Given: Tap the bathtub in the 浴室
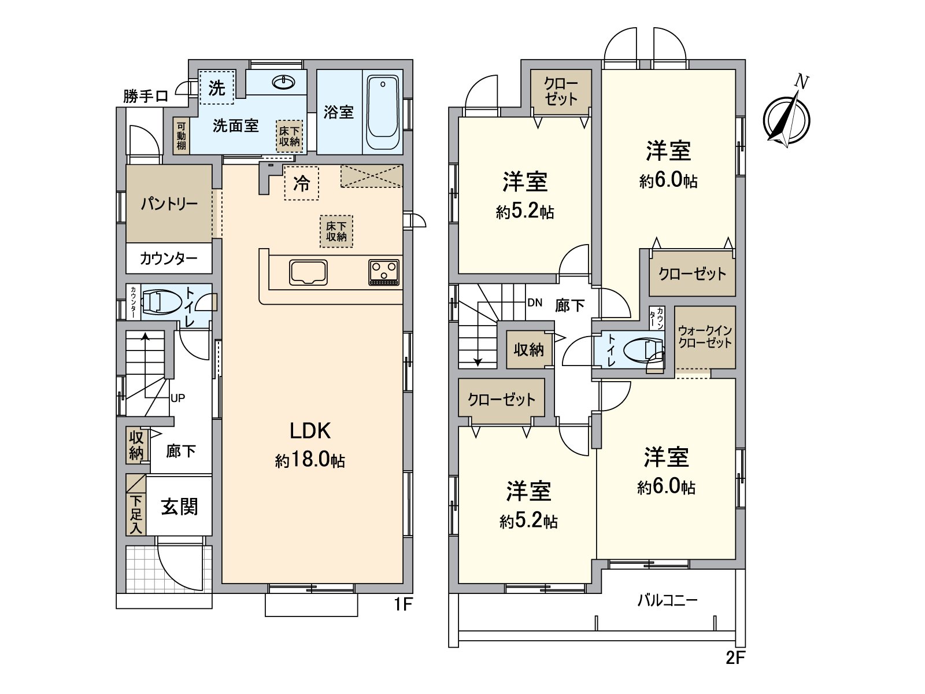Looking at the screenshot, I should pyautogui.click(x=382, y=113).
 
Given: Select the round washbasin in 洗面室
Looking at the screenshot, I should pyautogui.click(x=283, y=83).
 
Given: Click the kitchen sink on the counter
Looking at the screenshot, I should pyautogui.click(x=309, y=272).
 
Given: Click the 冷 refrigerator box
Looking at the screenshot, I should pyautogui.click(x=301, y=183).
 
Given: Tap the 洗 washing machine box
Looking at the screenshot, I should pyautogui.click(x=217, y=88).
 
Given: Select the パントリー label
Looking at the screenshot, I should pyautogui.click(x=169, y=204).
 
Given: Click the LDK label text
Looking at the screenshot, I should pyautogui.click(x=310, y=431).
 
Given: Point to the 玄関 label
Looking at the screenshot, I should pyautogui.click(x=179, y=507).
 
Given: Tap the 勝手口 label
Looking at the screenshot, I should pyautogui.click(x=146, y=96).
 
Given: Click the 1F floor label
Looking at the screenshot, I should pyautogui.click(x=403, y=605).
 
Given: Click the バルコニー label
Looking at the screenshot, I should pyautogui.click(x=667, y=600).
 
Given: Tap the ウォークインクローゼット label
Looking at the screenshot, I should pyautogui.click(x=705, y=337).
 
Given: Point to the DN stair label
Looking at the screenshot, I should pyautogui.click(x=534, y=302).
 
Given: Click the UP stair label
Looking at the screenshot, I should pyautogui.click(x=177, y=398).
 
